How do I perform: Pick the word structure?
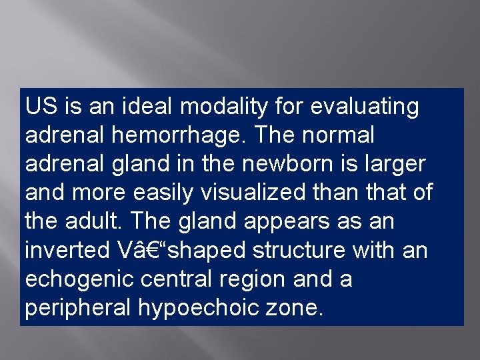tap(302, 251)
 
